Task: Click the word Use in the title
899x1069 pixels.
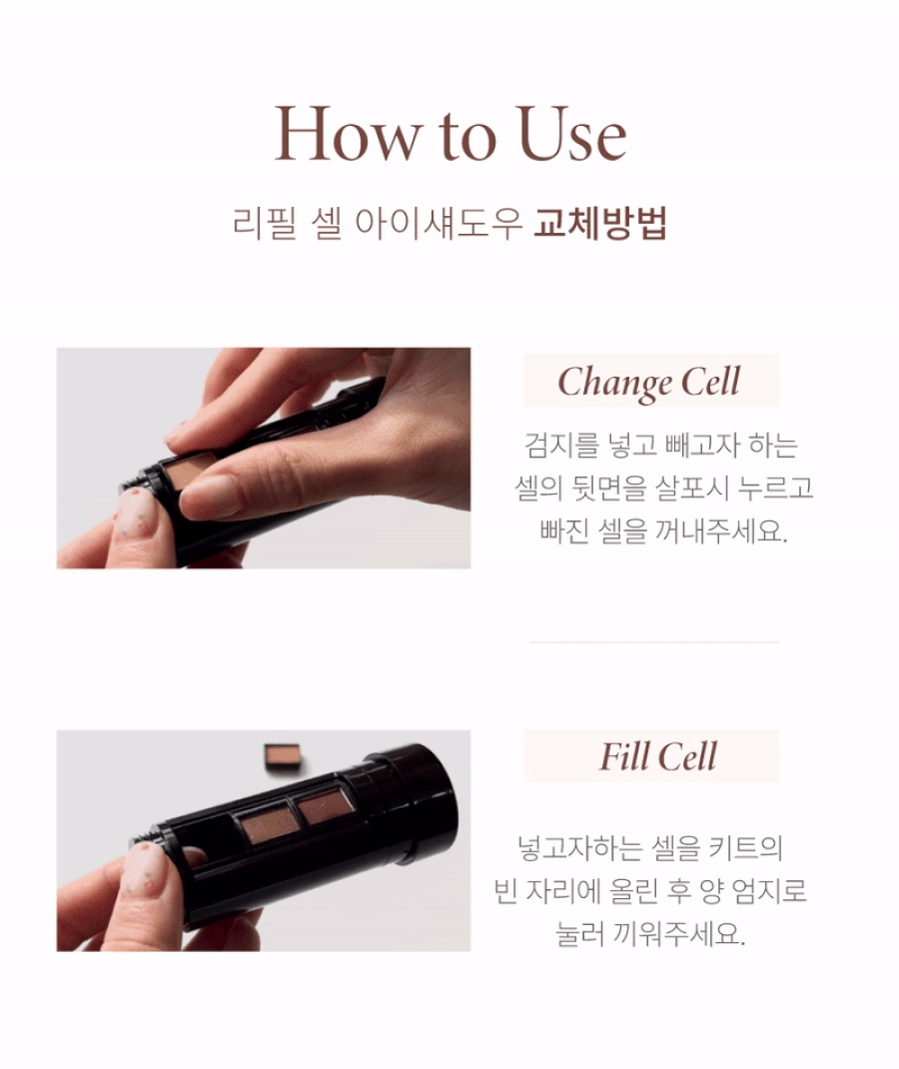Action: click(571, 134)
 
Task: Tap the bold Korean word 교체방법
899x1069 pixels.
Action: click(599, 223)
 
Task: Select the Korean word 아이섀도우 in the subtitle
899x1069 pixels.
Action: click(439, 223)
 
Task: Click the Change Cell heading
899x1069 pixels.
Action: click(649, 382)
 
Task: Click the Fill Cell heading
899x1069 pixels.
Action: click(657, 756)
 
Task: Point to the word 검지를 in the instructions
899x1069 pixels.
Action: click(561, 446)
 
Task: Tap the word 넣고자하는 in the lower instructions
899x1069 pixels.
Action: click(580, 848)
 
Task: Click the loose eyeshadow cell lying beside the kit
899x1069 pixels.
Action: click(284, 757)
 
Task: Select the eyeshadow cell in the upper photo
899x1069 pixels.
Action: click(188, 472)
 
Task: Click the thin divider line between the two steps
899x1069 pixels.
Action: click(655, 642)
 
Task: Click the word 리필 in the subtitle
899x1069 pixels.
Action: click(265, 223)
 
